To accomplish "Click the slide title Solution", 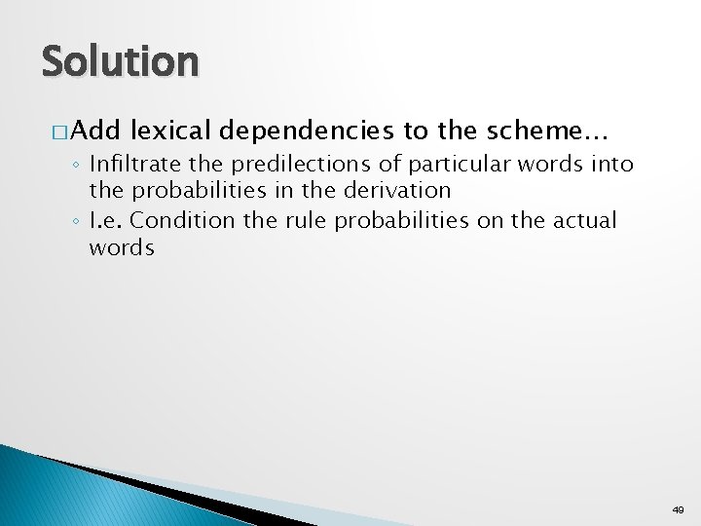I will click(120, 62).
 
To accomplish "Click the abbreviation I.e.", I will click(105, 221).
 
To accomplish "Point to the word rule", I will click(302, 221).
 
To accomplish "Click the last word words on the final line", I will click(122, 247).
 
